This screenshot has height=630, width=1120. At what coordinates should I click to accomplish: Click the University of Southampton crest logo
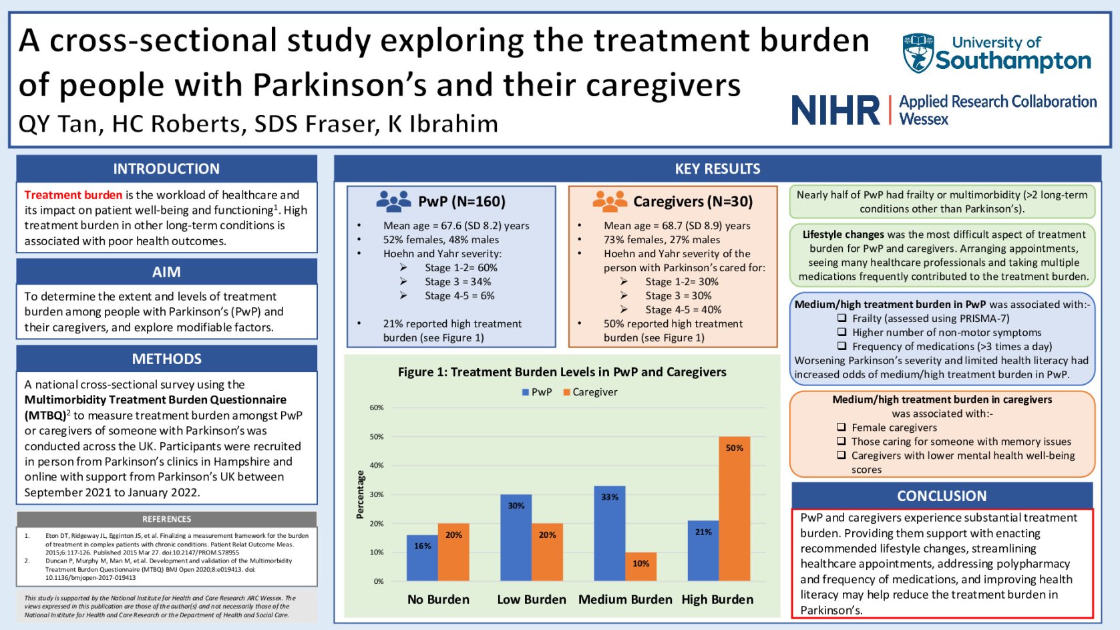coord(918,53)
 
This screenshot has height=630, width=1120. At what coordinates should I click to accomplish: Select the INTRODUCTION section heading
coord(166,169)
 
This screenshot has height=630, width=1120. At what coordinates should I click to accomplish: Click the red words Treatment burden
coord(73,195)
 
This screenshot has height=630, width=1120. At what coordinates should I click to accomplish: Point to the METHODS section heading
coord(166,359)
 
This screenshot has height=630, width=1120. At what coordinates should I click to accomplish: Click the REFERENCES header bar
coord(166,519)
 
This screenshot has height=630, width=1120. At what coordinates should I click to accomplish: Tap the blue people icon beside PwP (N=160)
coord(393,201)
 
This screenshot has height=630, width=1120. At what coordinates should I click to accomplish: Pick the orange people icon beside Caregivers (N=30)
coord(609,201)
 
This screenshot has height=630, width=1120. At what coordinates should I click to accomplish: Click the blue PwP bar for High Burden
coord(703,550)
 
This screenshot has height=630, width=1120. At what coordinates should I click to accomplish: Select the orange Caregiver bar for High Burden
coord(734,508)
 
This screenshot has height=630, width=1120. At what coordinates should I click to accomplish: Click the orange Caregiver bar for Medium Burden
coord(640,567)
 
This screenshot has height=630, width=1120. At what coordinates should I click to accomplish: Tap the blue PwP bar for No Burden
coord(422,558)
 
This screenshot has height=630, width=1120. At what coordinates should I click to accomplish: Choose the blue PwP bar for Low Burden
coord(516,537)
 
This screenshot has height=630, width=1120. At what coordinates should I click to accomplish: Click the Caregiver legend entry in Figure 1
coord(591,392)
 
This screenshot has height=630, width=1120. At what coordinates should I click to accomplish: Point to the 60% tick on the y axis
coord(377,408)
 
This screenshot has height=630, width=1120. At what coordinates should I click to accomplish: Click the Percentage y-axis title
coord(361,494)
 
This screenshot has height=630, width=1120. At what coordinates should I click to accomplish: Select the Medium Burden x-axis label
coord(625,600)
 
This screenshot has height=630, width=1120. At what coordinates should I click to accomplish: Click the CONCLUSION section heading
coord(941,496)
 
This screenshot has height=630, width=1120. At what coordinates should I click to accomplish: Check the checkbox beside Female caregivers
coord(842,428)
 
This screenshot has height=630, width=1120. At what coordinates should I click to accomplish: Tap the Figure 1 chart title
coord(562,372)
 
